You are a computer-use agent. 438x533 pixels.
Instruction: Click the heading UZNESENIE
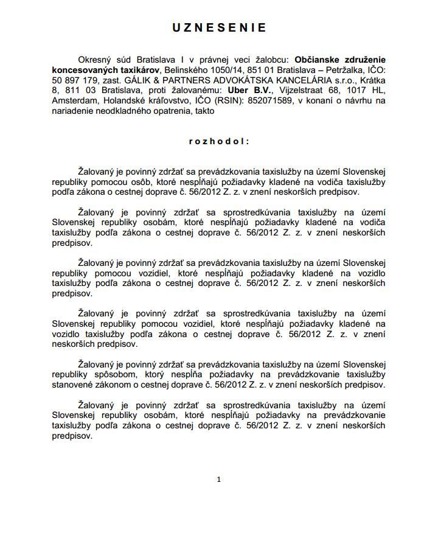coord(218,28)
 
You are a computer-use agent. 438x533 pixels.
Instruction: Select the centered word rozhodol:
coord(218,141)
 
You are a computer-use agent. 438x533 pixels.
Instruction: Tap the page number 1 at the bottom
coord(218,479)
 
